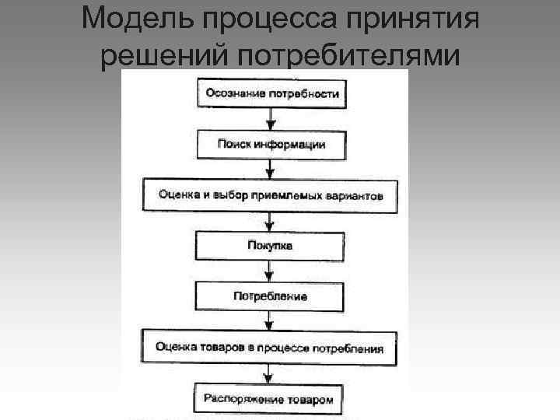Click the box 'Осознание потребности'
click(271, 94)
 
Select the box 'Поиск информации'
click(271, 144)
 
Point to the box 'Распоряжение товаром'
click(269, 397)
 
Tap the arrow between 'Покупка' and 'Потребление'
click(270, 271)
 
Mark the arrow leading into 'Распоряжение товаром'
click(269, 373)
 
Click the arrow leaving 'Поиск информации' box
click(271, 169)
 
